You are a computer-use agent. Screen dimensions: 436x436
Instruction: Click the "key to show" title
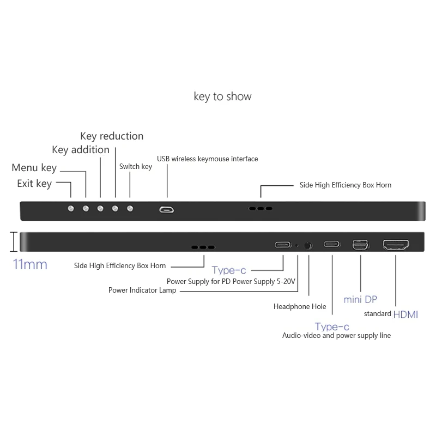coord(222,96)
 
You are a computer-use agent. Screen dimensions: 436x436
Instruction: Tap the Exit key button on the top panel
coord(71,208)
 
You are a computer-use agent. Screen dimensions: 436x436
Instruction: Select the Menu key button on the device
coord(86,208)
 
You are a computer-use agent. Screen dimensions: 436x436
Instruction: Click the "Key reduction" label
coord(112,136)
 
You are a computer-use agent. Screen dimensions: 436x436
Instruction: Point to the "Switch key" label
coord(136,166)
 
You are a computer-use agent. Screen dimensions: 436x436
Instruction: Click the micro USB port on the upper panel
coord(167,209)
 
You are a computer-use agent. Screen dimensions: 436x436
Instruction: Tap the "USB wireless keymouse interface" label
coord(207,159)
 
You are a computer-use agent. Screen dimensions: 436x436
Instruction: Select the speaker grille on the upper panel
coord(260,208)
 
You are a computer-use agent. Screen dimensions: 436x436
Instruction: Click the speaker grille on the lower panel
coord(203,247)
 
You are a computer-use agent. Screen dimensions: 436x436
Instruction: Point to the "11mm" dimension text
coord(30,265)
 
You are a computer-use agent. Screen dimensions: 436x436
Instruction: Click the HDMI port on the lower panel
coord(396,245)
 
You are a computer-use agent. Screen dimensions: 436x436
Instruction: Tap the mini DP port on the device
coord(360,245)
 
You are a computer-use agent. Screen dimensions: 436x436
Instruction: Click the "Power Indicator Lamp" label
coord(142,290)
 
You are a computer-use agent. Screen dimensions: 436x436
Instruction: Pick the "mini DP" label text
coord(360,299)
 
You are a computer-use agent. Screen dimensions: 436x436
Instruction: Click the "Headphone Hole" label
coord(300,306)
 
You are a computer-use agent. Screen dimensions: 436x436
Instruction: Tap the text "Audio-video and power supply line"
coord(336,336)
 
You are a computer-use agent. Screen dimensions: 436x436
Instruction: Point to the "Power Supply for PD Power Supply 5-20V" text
coord(231,281)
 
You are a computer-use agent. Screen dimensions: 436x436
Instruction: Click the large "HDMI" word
coord(405,314)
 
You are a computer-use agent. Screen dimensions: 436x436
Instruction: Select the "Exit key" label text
coord(34,183)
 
